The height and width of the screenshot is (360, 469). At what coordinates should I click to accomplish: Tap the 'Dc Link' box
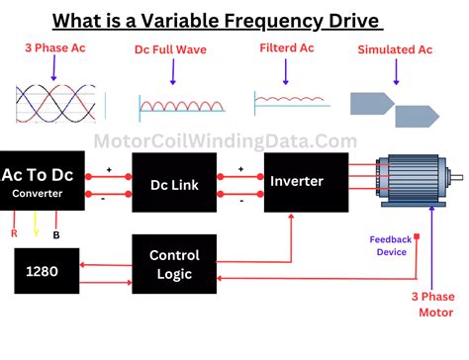coord(174,183)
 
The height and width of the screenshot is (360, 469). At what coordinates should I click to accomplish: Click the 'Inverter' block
coord(306,182)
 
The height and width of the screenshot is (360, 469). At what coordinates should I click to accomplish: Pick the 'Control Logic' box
coord(174,264)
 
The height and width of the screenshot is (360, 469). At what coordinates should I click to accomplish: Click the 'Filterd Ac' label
coord(287,46)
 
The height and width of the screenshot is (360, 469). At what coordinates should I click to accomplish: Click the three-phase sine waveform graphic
coord(57,103)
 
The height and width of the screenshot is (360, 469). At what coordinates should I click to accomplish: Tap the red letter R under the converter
coord(14,235)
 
